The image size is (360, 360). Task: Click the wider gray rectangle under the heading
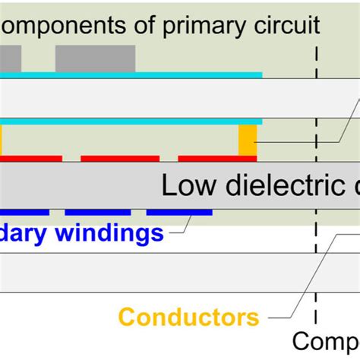tap(95, 58)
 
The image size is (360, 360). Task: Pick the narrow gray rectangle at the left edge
tap(10, 58)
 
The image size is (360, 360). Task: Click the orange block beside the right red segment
tap(248, 141)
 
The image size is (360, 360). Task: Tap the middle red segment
tap(120, 159)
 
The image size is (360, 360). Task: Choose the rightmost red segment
tap(217, 159)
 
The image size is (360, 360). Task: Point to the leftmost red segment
tap(30, 159)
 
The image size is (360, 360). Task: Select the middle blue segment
tap(97, 212)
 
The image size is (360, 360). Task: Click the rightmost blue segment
tap(178, 212)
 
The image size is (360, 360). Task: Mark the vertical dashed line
tap(316, 190)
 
